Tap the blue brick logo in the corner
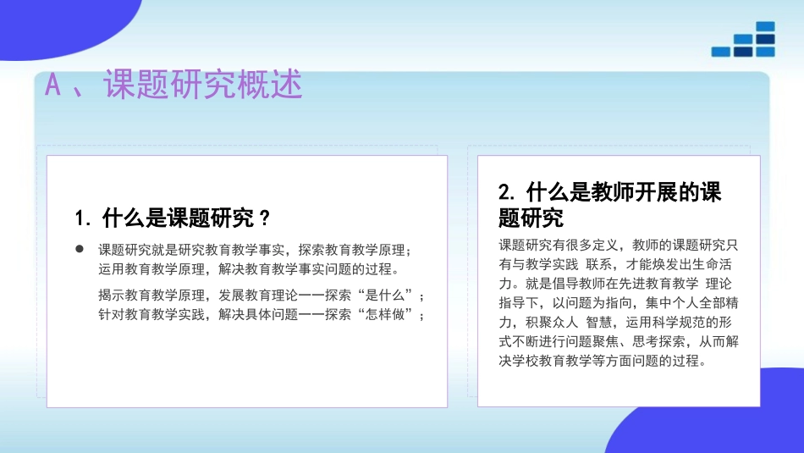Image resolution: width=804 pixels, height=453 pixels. coord(744,40)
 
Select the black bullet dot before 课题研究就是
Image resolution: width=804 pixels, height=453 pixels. coord(80,250)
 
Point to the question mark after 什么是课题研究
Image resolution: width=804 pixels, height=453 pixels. coord(264,218)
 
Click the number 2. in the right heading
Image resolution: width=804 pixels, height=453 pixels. coord(507,192)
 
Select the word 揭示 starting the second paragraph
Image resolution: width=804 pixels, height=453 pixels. coord(111,296)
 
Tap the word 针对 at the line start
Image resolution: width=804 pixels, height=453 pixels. coord(111,315)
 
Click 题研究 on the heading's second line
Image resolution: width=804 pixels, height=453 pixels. coord(531,218)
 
